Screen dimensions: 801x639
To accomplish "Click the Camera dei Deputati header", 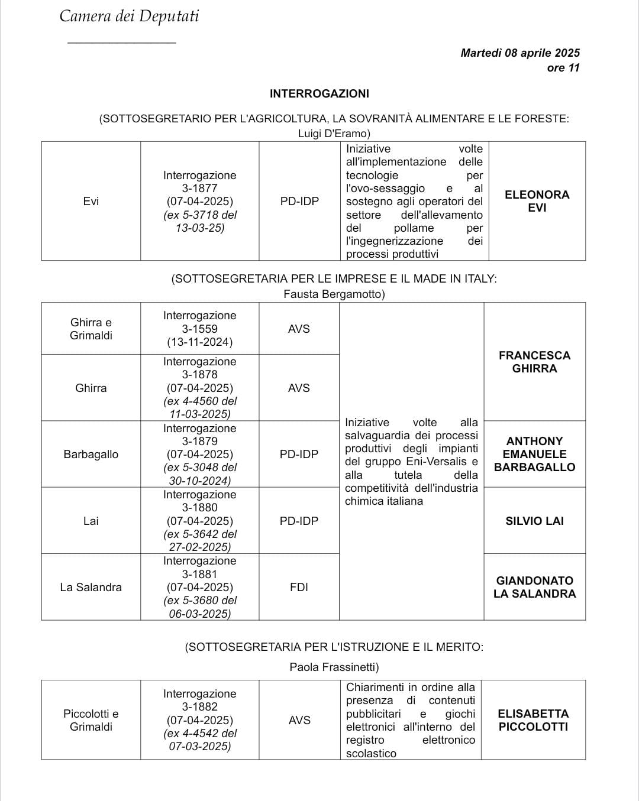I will pos(129,16).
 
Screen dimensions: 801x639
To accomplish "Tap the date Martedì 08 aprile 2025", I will pos(519,53).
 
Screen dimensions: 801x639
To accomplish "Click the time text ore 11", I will pos(563,68).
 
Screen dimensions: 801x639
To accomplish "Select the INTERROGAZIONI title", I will pos(319,93).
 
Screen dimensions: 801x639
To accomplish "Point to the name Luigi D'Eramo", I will pos(334,134).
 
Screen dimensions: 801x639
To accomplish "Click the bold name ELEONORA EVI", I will pos(537,201).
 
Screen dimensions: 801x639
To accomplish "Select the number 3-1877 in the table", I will pos(199,189).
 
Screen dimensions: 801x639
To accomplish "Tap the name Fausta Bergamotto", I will pos(334,294).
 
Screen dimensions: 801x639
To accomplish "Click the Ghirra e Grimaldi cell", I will pos(91,329).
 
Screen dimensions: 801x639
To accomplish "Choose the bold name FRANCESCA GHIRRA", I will pos(534,362).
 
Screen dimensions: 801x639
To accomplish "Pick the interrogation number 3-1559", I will pos(199,329).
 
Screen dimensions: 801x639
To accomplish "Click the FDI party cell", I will pos(299,587).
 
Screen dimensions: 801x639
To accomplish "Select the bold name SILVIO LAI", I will pos(534,521).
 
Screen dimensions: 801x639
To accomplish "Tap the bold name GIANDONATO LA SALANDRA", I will pos(534,587).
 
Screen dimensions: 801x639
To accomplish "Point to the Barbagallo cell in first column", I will pos(91,455).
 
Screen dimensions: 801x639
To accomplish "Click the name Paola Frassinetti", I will pos(334,667).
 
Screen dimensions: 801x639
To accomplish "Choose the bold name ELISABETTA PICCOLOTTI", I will pos(533,720).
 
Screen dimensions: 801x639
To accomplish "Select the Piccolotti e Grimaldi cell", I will pos(91,720).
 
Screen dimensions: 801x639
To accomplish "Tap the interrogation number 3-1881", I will pos(199,574).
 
